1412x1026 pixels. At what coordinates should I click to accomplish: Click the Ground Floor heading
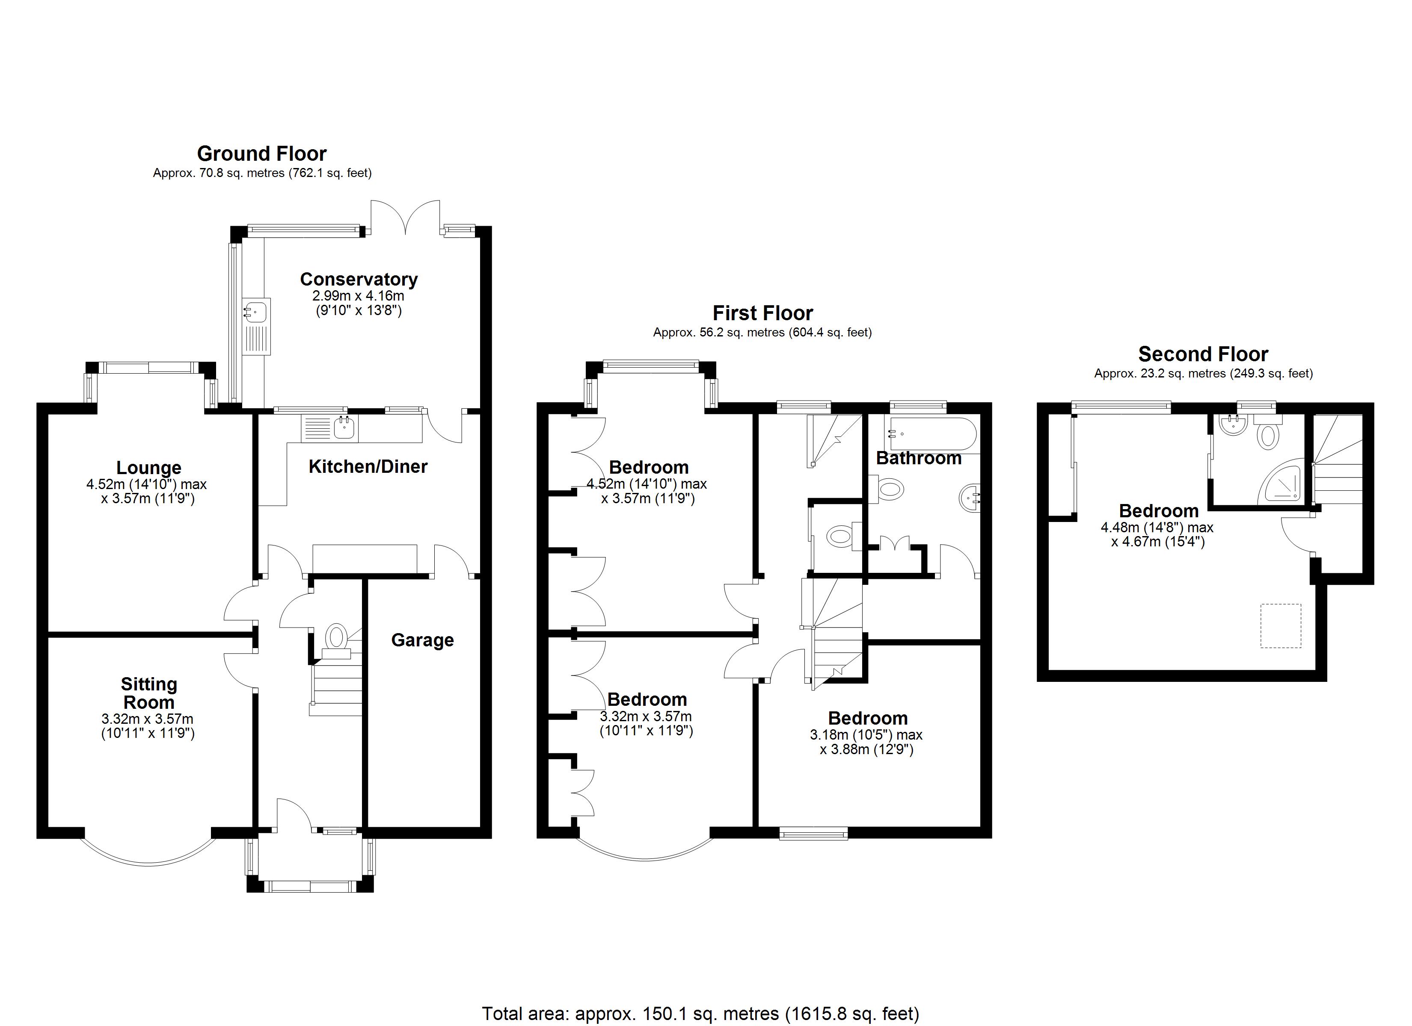(261, 153)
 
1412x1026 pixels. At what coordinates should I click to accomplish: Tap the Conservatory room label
(359, 279)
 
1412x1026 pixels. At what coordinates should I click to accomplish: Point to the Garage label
(422, 640)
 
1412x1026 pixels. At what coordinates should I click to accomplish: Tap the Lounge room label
(149, 468)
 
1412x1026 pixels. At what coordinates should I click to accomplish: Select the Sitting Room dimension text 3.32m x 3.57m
(148, 719)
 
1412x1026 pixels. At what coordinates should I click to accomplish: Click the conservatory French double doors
(405, 218)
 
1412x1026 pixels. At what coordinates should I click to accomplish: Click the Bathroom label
(918, 459)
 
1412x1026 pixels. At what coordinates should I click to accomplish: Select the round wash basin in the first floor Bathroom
(969, 498)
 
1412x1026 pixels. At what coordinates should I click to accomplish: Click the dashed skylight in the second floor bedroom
(1281, 625)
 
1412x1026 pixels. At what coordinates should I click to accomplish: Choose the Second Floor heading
(1203, 354)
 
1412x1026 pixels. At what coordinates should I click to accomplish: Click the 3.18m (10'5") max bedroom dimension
(866, 735)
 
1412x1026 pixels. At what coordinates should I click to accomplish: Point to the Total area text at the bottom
(700, 1014)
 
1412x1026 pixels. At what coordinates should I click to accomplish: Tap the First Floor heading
(762, 313)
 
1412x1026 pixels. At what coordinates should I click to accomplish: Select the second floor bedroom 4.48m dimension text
(1157, 528)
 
